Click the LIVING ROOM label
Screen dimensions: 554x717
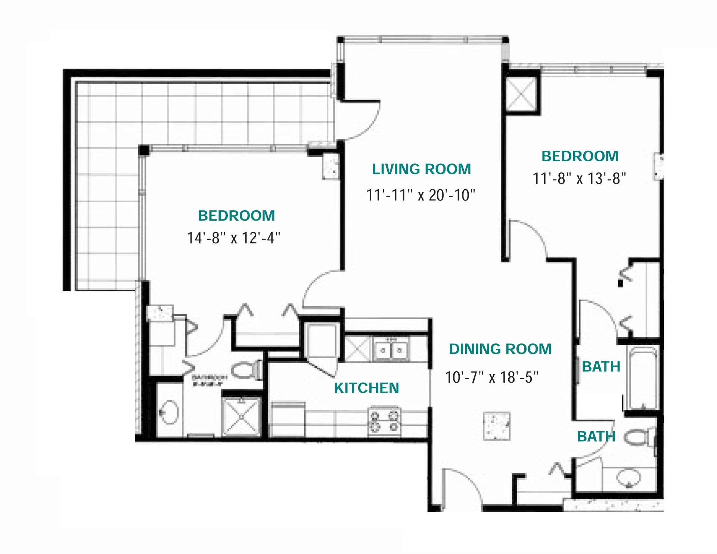point(421,169)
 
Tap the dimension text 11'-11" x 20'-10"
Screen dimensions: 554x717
point(420,195)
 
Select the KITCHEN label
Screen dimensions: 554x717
point(366,388)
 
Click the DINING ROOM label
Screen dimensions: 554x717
point(500,349)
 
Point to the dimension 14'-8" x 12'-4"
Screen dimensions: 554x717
point(233,238)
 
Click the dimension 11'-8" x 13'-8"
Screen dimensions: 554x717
point(579,179)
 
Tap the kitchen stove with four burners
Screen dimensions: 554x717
point(384,421)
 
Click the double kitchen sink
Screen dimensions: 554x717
point(391,350)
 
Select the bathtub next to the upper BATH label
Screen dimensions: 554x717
point(642,378)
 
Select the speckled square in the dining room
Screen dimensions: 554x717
point(497,426)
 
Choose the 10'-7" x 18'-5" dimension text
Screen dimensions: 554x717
point(491,377)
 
